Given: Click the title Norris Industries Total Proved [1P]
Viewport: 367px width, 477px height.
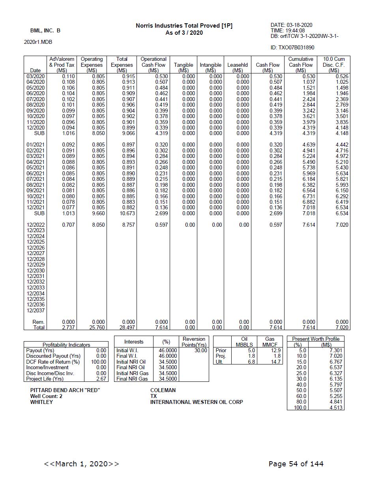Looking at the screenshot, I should (x=184, y=26).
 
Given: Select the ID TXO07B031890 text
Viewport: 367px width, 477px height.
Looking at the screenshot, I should (x=292, y=48).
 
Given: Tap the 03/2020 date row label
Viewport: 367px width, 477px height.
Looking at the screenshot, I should (x=36, y=76).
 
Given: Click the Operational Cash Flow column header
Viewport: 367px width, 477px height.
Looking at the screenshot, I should (x=154, y=65).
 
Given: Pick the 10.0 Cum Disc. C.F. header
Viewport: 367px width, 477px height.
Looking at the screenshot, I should (x=333, y=65).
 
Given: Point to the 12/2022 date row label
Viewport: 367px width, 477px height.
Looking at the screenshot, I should (x=36, y=225).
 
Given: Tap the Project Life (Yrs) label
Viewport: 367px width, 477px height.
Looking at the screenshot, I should (x=45, y=379).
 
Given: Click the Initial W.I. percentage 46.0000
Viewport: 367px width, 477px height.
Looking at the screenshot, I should (x=168, y=350).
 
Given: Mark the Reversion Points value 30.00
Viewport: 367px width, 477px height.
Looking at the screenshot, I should (x=200, y=350).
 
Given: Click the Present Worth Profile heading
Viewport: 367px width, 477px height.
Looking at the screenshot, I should (x=315, y=339).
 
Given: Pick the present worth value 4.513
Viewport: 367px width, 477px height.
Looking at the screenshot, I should (x=336, y=408).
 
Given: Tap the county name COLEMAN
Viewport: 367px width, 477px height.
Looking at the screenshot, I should (x=163, y=390).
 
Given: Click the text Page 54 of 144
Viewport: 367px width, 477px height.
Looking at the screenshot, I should (x=296, y=464).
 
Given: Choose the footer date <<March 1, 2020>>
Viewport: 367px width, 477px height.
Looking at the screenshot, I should (x=82, y=464).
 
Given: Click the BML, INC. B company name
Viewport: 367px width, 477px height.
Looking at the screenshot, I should (x=45, y=30).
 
